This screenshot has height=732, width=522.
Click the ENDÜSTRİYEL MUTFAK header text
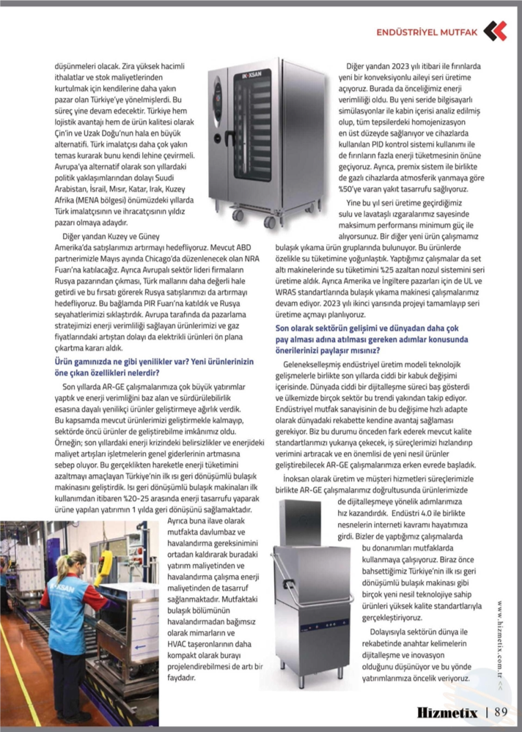click(x=427, y=32)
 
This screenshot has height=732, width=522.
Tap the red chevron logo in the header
click(x=495, y=31)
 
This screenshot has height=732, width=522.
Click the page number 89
click(x=501, y=711)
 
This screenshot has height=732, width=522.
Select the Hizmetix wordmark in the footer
click(x=448, y=711)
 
